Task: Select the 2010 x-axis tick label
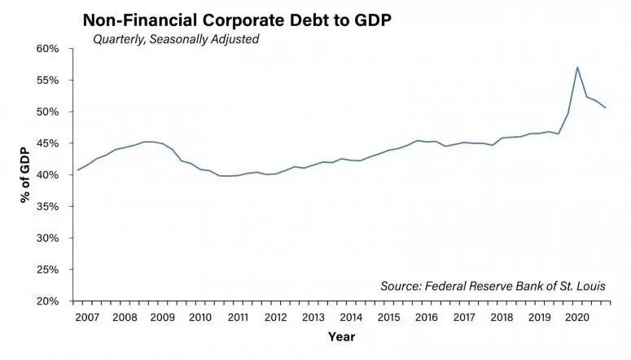tap(199, 317)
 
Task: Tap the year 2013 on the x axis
tap(313, 317)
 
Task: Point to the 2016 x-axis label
tap(427, 317)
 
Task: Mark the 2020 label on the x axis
tap(577, 317)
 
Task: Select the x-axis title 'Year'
tap(341, 336)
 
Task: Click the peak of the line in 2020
tap(577, 68)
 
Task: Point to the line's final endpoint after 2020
tap(606, 108)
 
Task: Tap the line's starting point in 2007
tap(77, 170)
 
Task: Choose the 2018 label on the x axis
tap(502, 317)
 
